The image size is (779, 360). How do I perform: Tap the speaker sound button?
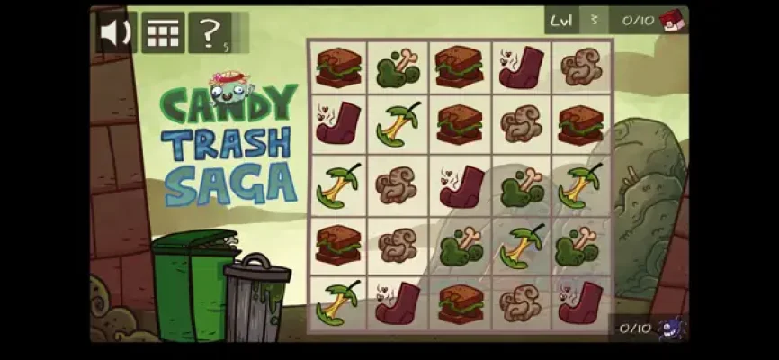[x=116, y=32]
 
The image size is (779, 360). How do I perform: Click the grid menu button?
[x=163, y=32]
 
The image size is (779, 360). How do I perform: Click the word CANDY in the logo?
[x=229, y=104]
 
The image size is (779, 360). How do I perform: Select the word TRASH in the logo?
[x=226, y=143]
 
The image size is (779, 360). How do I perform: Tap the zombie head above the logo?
[x=229, y=88]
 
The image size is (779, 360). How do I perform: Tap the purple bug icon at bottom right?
[x=672, y=328]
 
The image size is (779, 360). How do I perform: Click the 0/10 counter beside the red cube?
[x=638, y=21]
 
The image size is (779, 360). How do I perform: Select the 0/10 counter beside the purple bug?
[x=635, y=328]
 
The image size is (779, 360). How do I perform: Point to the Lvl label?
[x=561, y=21]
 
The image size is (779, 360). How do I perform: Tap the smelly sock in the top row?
[x=521, y=67]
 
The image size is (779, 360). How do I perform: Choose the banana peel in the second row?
[x=398, y=124]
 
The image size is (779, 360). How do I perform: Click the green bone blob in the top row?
[x=398, y=68]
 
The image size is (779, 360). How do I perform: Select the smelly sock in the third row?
[x=461, y=186]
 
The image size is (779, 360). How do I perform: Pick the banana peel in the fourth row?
[x=521, y=246]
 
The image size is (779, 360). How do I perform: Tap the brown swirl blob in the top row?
[x=582, y=67]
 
